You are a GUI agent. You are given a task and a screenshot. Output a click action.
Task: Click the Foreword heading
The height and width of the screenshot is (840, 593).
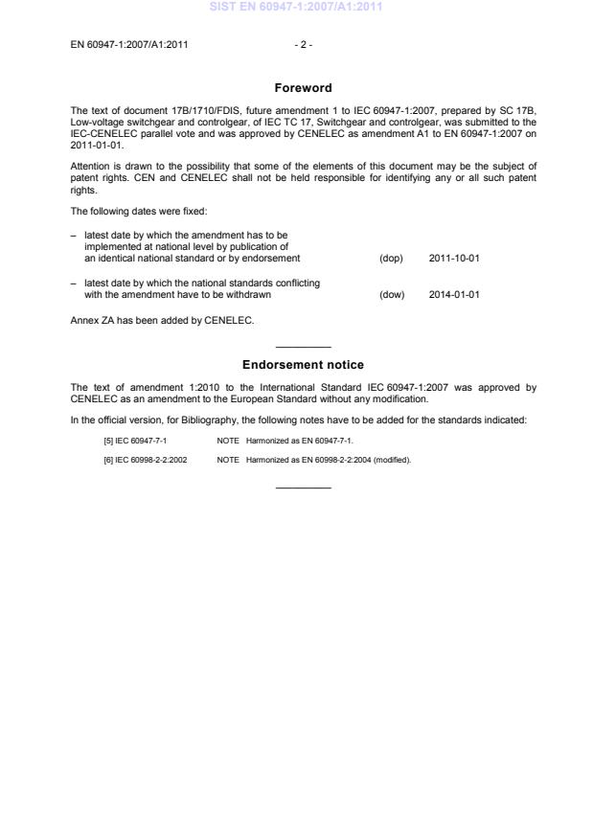click(303, 88)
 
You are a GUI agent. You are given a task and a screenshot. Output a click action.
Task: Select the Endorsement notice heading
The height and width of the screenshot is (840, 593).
click(303, 365)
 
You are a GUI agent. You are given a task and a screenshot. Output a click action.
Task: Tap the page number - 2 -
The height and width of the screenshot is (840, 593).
click(303, 44)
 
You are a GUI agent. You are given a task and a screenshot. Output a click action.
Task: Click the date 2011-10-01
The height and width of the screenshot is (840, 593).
click(454, 259)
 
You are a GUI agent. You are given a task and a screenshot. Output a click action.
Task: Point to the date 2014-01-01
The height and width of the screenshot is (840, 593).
click(454, 294)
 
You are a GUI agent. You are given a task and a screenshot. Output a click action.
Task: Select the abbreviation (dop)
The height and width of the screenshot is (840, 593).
click(392, 259)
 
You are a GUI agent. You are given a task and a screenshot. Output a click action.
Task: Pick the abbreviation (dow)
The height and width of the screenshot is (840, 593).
click(392, 294)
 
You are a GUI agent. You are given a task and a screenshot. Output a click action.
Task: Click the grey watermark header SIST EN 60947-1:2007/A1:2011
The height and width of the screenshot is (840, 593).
click(303, 7)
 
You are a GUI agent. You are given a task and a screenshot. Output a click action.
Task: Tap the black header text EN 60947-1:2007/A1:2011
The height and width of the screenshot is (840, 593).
click(129, 44)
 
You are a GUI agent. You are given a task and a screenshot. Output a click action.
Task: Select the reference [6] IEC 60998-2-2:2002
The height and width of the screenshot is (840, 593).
click(145, 460)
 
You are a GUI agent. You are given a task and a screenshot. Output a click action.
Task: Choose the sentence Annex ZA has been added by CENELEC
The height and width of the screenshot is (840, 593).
click(163, 320)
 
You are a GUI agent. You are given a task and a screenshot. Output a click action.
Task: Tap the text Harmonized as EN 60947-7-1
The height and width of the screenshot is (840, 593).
click(299, 441)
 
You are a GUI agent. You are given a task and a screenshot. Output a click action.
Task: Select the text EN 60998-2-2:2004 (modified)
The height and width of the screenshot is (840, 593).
click(353, 460)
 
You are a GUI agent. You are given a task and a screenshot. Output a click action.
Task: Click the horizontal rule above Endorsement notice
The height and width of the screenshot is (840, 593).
click(303, 347)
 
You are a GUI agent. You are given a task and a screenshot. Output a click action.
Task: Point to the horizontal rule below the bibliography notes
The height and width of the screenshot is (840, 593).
click(303, 488)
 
